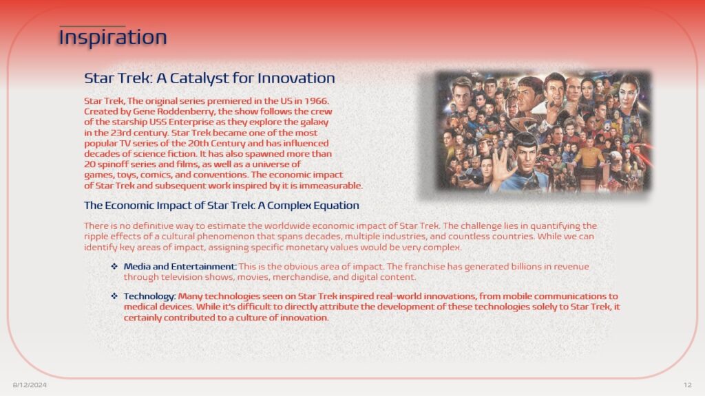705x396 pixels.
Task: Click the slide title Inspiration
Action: [113, 37]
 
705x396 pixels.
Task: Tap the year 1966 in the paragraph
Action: [316, 101]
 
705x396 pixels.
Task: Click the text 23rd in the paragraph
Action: [118, 133]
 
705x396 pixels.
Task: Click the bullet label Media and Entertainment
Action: [180, 266]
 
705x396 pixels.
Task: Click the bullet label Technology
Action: [149, 296]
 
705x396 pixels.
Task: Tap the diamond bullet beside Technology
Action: [114, 296]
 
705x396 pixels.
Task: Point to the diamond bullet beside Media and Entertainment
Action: [114, 266]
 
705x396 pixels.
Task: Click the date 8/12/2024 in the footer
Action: [30, 385]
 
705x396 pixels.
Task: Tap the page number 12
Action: [688, 385]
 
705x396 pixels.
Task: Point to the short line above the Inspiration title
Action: [92, 26]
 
